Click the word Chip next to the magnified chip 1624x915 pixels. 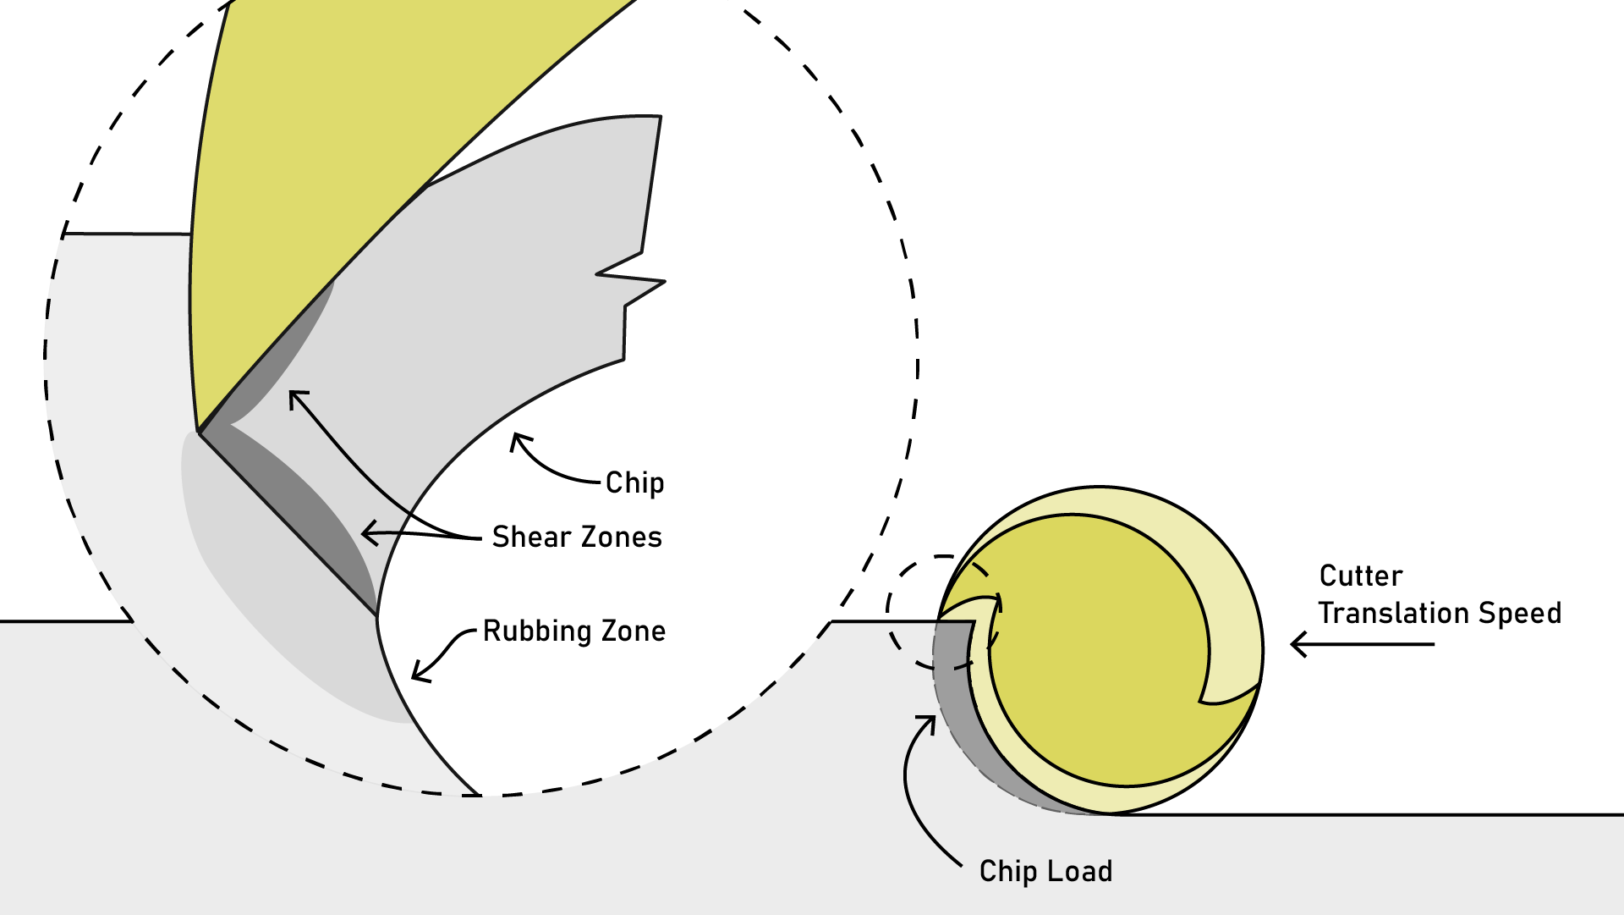(634, 483)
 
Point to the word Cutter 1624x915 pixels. (1360, 576)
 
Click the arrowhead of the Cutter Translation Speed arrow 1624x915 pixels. (1297, 645)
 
